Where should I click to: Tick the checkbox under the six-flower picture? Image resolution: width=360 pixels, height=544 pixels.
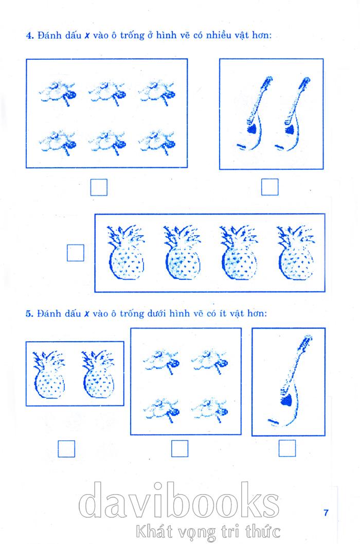pos(99,187)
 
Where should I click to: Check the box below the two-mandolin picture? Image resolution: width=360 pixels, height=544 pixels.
pos(270,187)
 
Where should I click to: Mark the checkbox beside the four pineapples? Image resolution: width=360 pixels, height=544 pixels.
pos(75,253)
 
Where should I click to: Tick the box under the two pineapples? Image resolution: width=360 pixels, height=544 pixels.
pos(66,449)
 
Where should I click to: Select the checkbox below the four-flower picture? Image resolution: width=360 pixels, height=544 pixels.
pos(179,449)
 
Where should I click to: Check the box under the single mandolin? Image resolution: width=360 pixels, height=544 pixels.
pos(287,448)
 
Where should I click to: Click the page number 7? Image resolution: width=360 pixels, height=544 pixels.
pos(326,513)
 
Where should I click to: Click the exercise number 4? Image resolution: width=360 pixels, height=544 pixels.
pos(29,36)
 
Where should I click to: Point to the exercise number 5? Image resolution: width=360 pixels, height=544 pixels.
pos(29,313)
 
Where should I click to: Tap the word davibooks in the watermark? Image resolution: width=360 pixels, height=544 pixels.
pos(179,500)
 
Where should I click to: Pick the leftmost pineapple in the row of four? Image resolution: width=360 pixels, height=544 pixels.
pos(125,253)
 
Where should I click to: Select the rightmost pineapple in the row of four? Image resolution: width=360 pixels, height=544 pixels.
pos(296,253)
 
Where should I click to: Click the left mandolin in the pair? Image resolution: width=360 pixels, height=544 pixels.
pos(255,114)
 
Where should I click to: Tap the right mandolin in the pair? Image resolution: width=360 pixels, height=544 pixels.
pos(293,114)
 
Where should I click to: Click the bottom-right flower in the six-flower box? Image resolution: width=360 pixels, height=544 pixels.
pos(157,142)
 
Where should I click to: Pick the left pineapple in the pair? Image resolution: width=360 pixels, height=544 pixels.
pos(49,375)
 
